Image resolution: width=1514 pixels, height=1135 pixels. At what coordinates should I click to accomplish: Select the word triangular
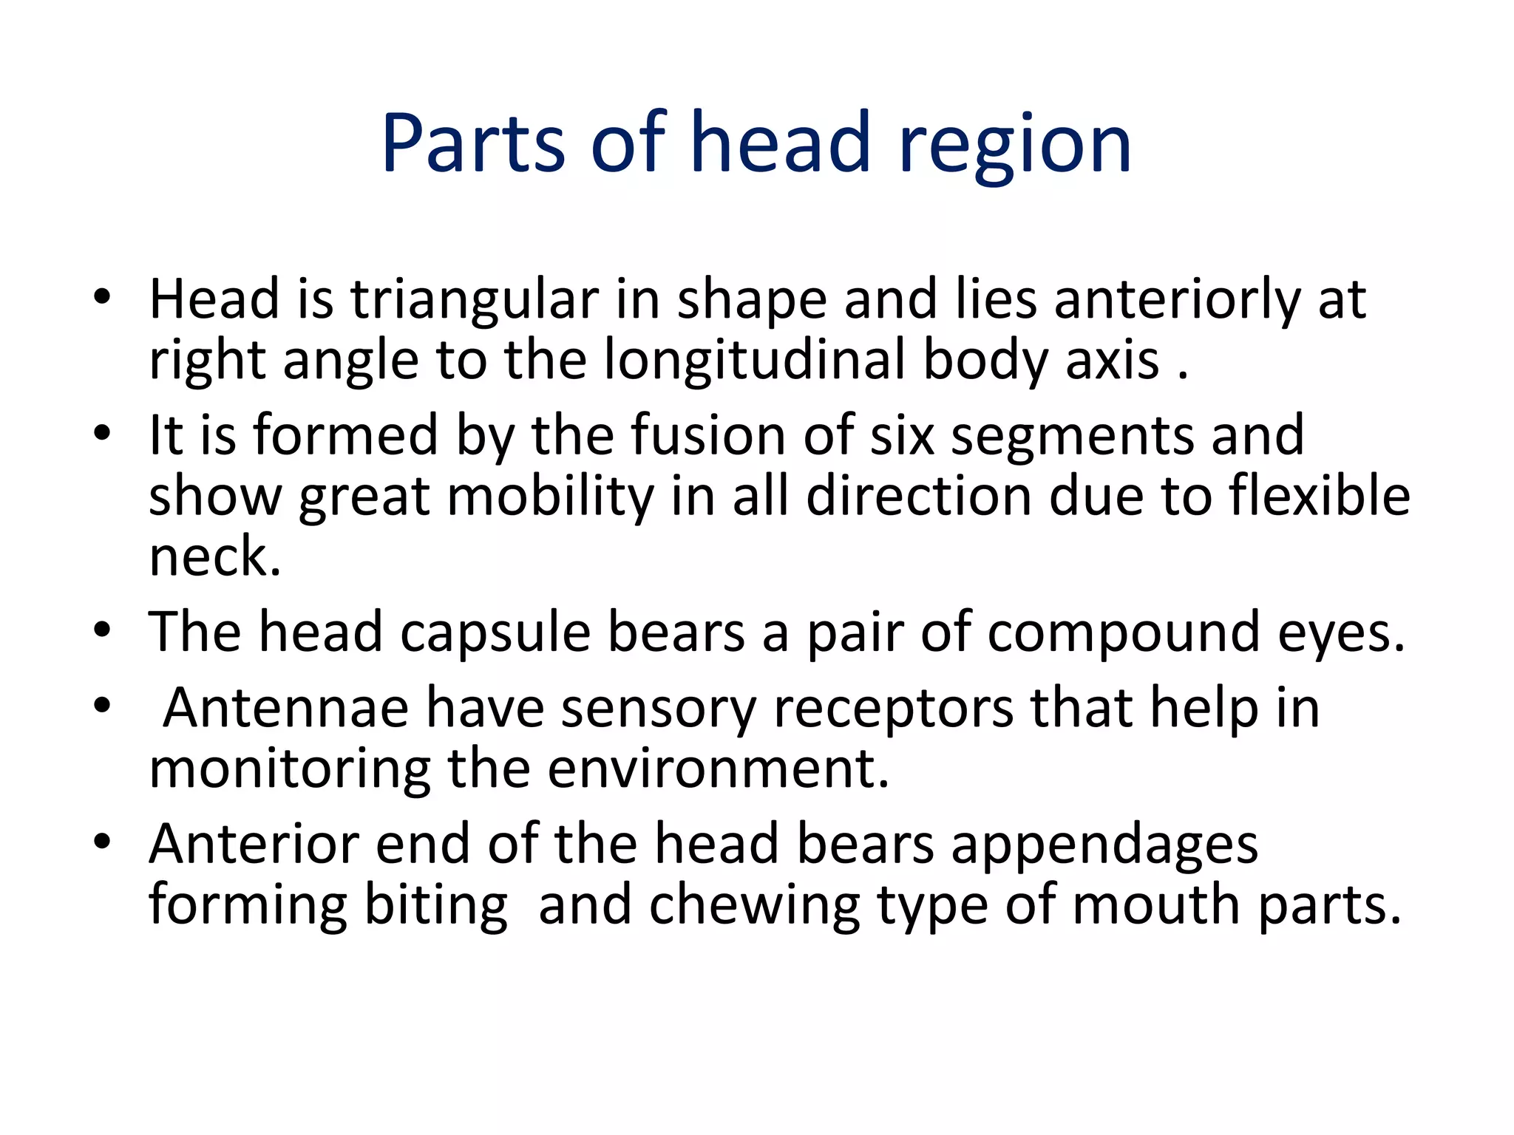click(473, 299)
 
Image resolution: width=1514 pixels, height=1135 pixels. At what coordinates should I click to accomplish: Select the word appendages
click(1104, 844)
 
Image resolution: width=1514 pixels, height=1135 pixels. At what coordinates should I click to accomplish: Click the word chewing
click(754, 904)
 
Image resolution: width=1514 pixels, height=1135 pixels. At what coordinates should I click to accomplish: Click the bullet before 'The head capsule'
click(102, 630)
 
